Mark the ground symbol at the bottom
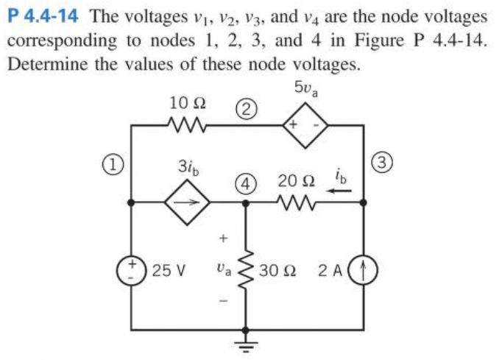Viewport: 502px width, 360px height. point(245,345)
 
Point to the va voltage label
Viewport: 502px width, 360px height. point(225,270)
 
